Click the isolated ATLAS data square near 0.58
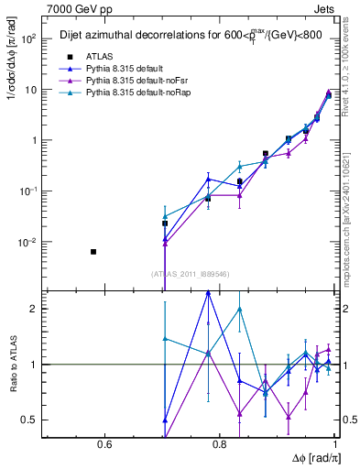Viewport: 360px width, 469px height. pos(93,251)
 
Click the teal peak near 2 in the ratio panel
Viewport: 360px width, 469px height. pos(239,309)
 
